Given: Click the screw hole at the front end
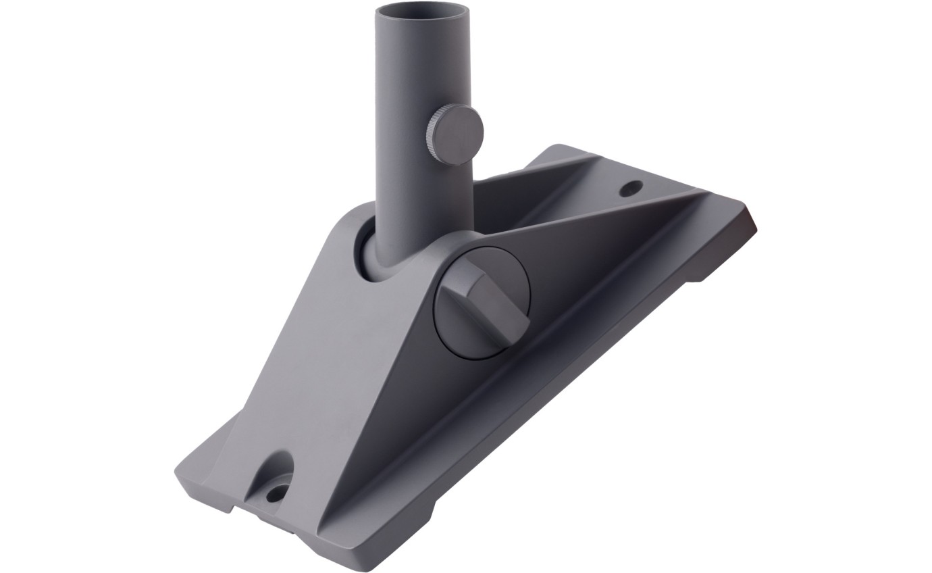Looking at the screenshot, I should pos(275,494).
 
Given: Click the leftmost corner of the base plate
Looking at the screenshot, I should pos(178,470).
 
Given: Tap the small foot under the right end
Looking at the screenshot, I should pos(702,269).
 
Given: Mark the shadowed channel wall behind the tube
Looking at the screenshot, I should pos(520,196).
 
